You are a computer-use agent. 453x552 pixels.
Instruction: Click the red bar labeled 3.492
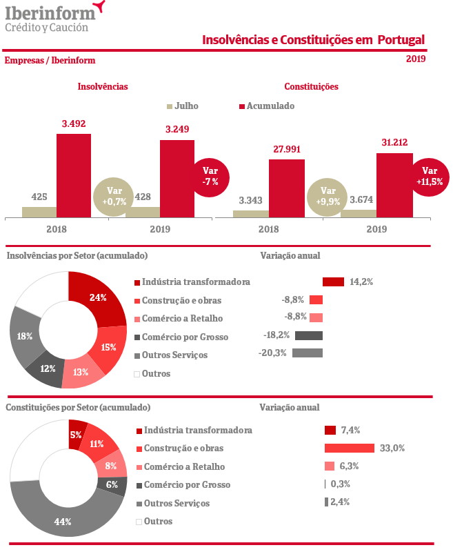click(x=74, y=175)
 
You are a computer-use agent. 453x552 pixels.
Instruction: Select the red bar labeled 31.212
click(x=394, y=185)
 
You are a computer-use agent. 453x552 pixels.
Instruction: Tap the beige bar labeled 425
click(x=39, y=212)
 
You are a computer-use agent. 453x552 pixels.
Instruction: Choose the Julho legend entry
click(x=182, y=106)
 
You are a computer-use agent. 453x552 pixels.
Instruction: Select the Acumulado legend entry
click(x=266, y=106)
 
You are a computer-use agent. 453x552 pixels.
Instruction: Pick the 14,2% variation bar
click(x=333, y=282)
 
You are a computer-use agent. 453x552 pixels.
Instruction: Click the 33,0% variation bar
click(x=349, y=448)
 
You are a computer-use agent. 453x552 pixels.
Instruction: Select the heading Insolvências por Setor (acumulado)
click(x=77, y=255)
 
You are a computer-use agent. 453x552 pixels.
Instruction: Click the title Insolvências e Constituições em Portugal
click(x=313, y=40)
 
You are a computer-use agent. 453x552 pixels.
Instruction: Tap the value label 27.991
click(x=287, y=149)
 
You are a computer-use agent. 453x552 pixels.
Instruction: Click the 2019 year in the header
click(x=416, y=59)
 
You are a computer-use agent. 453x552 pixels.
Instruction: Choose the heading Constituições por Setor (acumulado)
click(x=78, y=407)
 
